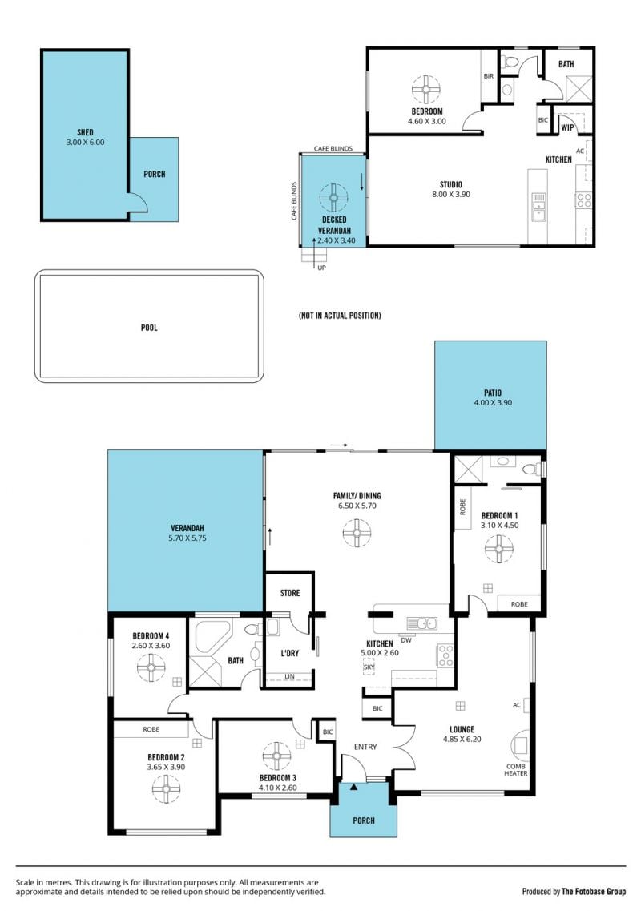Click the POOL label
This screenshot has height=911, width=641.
coord(149,328)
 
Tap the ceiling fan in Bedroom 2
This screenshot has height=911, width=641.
coord(166,788)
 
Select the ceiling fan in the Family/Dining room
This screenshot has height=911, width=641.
coord(357,533)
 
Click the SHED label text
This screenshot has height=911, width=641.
coord(86,132)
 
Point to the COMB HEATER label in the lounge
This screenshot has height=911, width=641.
coord(515,770)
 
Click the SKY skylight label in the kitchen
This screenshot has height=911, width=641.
coord(369,667)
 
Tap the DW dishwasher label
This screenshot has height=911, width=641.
coord(406,640)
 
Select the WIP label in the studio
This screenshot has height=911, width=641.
coord(567,128)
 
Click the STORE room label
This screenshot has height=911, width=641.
coord(290,593)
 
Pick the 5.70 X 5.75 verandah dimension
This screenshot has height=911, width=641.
coord(187,538)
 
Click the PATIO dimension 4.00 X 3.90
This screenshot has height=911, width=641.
coord(493,402)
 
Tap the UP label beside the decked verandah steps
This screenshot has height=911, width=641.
coord(321,268)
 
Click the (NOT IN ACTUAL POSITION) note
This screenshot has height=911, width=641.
coord(340,316)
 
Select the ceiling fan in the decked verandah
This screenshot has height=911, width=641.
coord(334,198)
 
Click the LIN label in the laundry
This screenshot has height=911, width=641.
coord(289,676)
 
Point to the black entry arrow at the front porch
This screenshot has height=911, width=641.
coord(353,787)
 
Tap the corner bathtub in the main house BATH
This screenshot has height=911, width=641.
coord(211,636)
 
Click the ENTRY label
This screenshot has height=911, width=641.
coord(365,747)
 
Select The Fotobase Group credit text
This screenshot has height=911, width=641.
coord(594,891)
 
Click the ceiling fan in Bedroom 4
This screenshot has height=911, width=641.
coord(151,667)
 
